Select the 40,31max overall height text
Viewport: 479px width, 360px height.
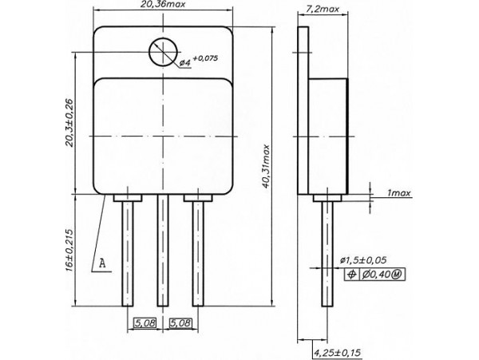pos(269,168)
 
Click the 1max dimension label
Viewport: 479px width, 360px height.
pos(399,194)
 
